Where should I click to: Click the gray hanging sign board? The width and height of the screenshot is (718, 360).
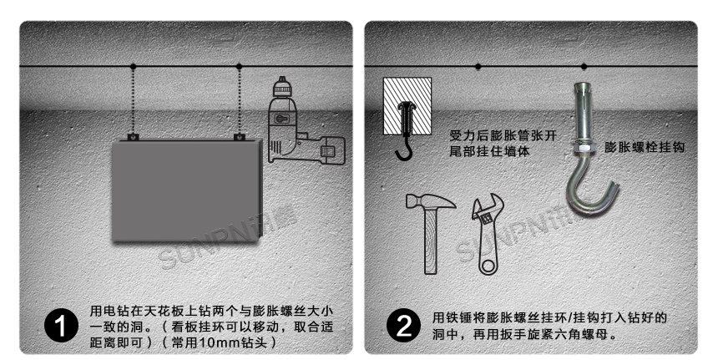pyautogui.click(x=185, y=190)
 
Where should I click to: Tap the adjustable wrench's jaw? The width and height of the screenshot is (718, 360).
pyautogui.click(x=485, y=210)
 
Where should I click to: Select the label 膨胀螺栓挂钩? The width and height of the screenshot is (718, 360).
pyautogui.click(x=645, y=146)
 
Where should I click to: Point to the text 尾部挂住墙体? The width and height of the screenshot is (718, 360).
pyautogui.click(x=489, y=152)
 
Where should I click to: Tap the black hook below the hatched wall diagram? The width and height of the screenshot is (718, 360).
pyautogui.click(x=404, y=150)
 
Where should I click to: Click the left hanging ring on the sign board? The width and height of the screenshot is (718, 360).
pyautogui.click(x=132, y=136)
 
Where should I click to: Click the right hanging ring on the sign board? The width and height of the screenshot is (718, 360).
pyautogui.click(x=239, y=136)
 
